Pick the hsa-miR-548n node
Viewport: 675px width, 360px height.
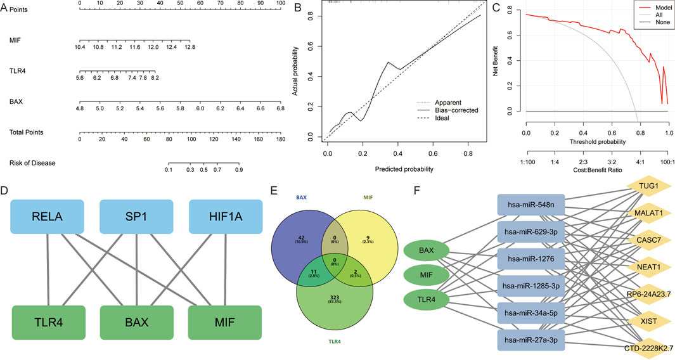531,205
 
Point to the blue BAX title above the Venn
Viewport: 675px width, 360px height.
302,198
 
